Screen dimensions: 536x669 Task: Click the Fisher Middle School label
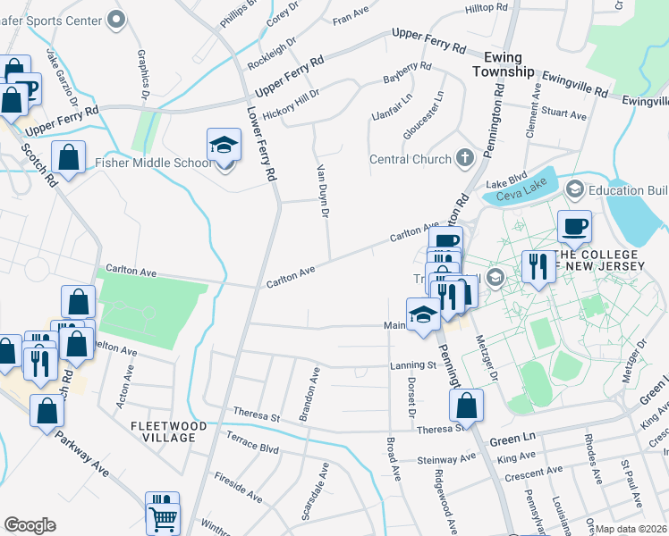click(154, 163)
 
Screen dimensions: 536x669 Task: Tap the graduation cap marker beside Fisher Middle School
click(224, 146)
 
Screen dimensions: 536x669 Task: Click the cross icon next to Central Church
click(464, 159)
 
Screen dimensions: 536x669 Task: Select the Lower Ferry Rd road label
click(260, 145)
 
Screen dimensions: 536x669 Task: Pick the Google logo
click(30, 525)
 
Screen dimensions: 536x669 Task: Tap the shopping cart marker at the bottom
click(162, 515)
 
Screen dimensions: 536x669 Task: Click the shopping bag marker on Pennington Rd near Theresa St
click(467, 406)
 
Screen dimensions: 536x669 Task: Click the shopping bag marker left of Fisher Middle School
click(69, 158)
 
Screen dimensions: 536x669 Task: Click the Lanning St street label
click(412, 364)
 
